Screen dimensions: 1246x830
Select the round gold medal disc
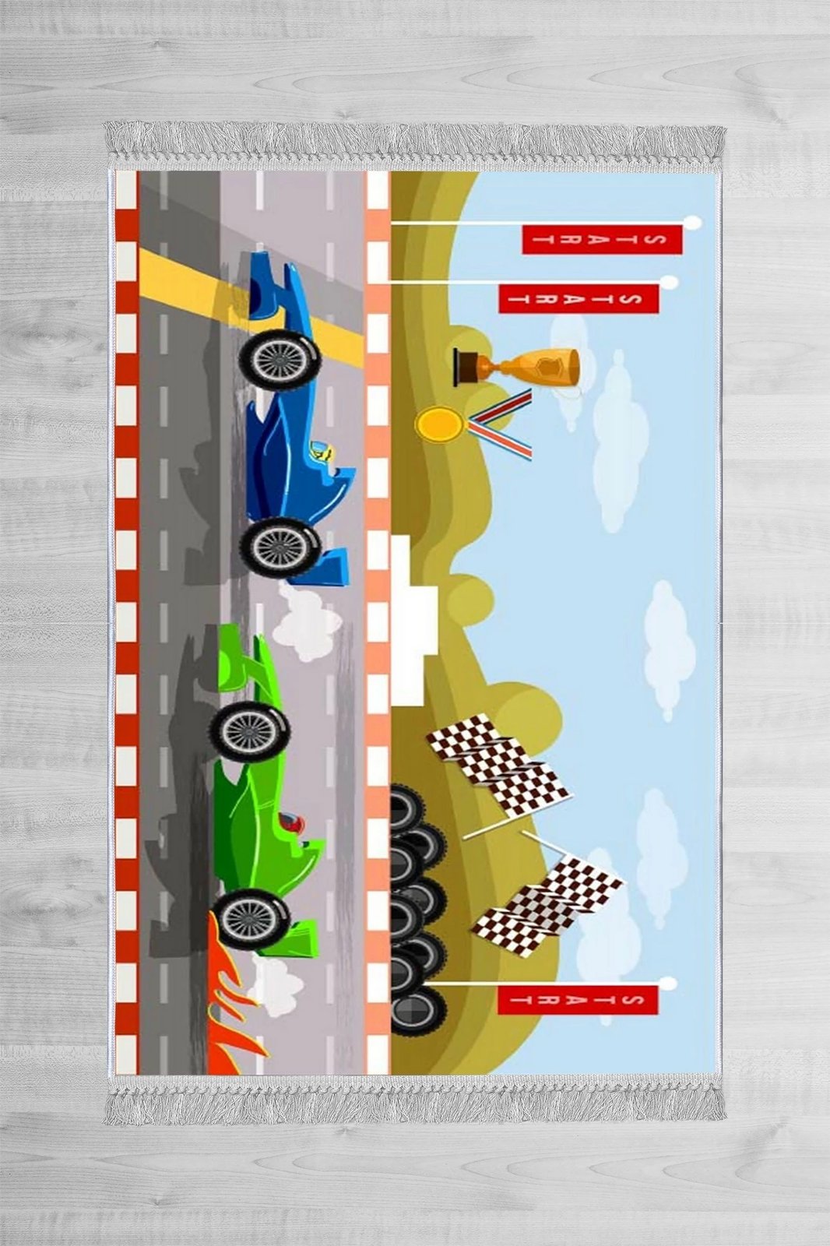[438, 424]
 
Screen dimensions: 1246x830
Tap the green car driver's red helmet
[291, 823]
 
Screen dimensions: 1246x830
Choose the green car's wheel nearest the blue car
[250, 731]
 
